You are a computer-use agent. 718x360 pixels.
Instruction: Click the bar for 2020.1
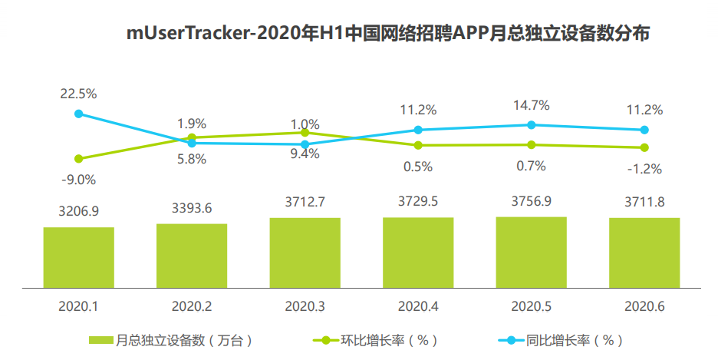click(x=78, y=257)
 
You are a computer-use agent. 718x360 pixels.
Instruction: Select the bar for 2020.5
click(x=531, y=252)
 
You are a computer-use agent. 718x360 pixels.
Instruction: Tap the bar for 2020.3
click(x=305, y=253)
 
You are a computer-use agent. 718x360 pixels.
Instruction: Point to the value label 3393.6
click(x=192, y=208)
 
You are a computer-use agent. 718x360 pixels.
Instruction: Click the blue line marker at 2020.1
click(x=78, y=114)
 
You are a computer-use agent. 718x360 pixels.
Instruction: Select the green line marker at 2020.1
click(x=78, y=159)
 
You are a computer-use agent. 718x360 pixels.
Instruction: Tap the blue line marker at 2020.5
click(x=531, y=124)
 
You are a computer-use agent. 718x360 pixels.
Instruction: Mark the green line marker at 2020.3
click(x=305, y=133)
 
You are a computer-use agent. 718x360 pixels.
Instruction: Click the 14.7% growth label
click(x=531, y=105)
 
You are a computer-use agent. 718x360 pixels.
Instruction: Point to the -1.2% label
click(x=644, y=168)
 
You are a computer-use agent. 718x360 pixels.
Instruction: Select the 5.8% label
click(x=192, y=160)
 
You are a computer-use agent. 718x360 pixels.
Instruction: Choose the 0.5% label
click(x=418, y=166)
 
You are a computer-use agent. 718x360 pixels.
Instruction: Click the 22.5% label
click(x=78, y=94)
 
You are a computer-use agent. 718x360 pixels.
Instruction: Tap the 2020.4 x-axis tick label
click(x=418, y=306)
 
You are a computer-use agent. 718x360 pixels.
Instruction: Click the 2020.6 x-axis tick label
click(x=644, y=306)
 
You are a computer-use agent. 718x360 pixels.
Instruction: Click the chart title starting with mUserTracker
click(x=389, y=34)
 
